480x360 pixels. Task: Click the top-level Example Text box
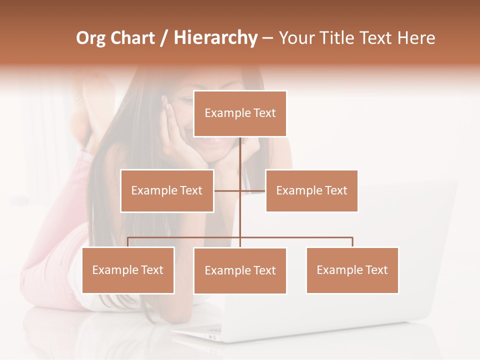point(240,113)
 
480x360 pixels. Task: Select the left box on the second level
point(167,190)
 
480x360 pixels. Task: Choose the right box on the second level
point(311,190)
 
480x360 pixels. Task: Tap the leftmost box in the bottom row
point(128,270)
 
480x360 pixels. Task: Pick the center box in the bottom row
point(240,270)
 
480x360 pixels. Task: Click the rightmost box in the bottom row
point(352,270)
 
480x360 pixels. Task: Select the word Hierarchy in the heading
point(215,38)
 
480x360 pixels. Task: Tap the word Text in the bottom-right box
point(376,270)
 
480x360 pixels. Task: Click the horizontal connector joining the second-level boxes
point(228,190)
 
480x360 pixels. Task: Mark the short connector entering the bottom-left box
point(128,242)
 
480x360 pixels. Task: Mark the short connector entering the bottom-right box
point(352,242)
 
